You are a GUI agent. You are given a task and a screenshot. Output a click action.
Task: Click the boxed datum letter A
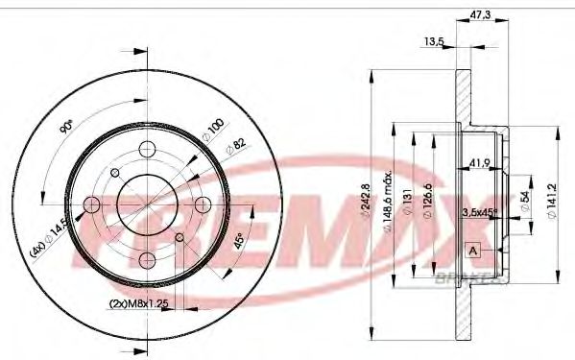(473, 251)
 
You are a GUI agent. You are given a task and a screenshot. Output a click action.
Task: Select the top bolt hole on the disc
(146, 149)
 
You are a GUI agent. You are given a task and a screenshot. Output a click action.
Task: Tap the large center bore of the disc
(146, 204)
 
